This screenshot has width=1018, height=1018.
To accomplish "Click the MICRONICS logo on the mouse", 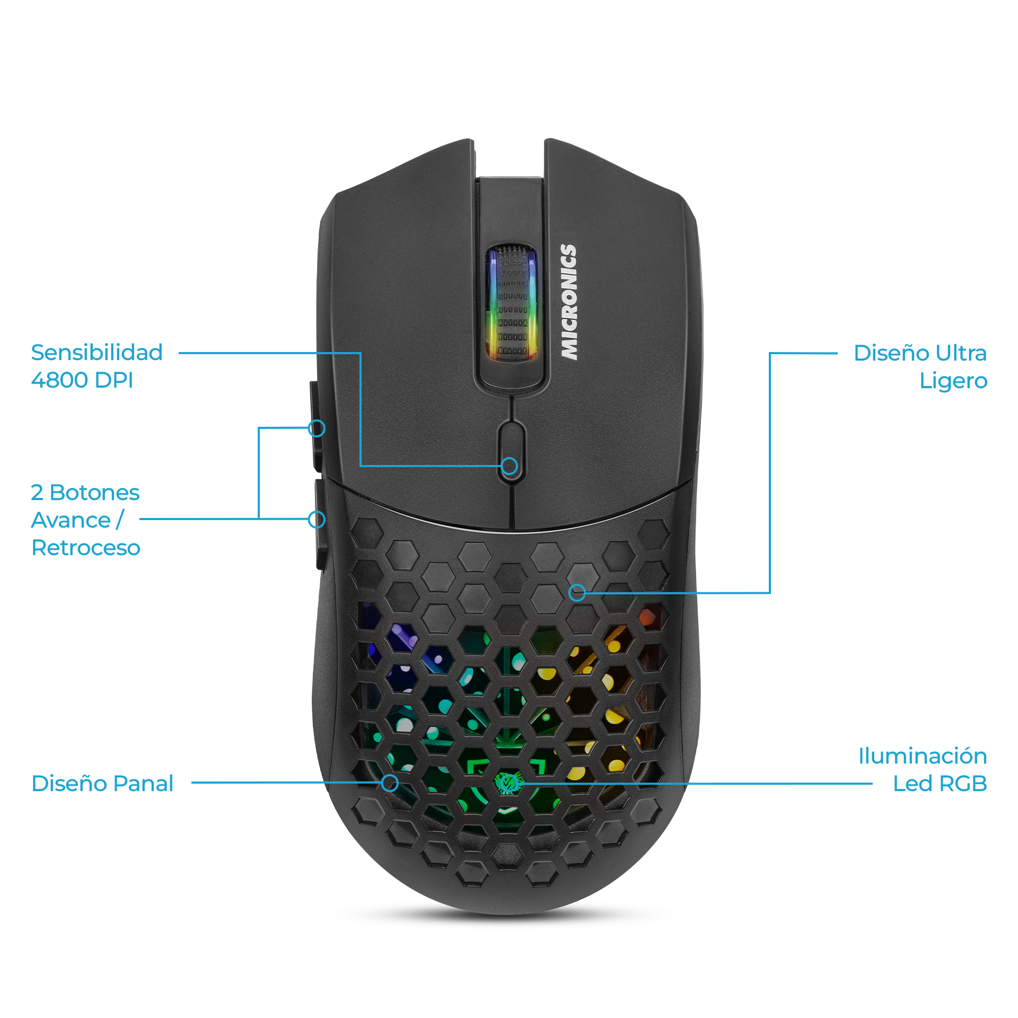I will tap(569, 302).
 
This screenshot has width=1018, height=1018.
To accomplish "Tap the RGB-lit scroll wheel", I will tap(512, 303).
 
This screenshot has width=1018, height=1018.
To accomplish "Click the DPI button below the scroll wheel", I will tap(511, 451).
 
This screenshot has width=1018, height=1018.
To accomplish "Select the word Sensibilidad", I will tap(96, 353).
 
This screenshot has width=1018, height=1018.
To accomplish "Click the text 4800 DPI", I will tap(82, 380).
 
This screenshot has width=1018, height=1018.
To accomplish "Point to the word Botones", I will tap(94, 493).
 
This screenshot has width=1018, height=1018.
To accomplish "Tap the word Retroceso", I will tap(86, 548).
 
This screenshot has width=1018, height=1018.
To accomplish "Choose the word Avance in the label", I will tap(71, 520).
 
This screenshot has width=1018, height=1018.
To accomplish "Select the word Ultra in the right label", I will tap(960, 353).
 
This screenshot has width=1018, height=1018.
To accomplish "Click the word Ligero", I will tap(953, 381).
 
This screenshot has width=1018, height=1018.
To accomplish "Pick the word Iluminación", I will tap(922, 756).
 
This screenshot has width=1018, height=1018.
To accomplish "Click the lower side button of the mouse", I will tap(319, 522).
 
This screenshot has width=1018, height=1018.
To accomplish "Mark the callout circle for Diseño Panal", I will tap(390, 783).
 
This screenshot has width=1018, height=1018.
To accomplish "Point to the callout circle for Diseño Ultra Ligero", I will tap(577, 593).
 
